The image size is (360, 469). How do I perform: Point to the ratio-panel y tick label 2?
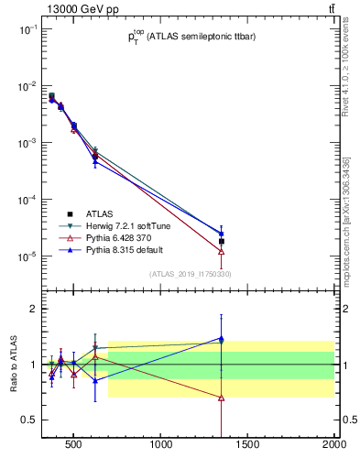click(x=32, y=309)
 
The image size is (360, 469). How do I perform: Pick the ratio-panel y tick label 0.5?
click(x=27, y=420)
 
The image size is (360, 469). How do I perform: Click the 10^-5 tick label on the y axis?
click(x=25, y=256)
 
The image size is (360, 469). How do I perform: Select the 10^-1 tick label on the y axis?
click(x=25, y=29)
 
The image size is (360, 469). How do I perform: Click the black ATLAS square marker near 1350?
click(x=222, y=242)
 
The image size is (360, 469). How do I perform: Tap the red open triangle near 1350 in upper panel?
click(x=222, y=251)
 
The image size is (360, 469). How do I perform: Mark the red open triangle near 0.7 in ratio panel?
click(x=222, y=398)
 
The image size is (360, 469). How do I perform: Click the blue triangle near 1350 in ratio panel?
click(x=222, y=338)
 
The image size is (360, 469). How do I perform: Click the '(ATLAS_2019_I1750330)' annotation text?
click(x=191, y=274)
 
